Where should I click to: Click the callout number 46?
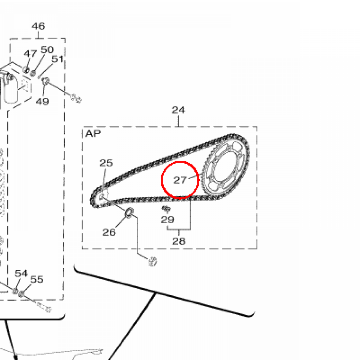tap(38, 26)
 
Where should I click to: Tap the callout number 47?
tap(30, 54)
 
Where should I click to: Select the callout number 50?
tap(47, 50)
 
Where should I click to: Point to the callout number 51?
tap(57, 59)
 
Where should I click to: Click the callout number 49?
tap(42, 101)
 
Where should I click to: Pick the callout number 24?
tap(178, 110)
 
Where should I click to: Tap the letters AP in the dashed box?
tap(93, 134)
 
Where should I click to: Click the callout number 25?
tap(106, 163)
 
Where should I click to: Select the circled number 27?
tap(180, 180)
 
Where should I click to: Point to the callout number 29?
tap(167, 220)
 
